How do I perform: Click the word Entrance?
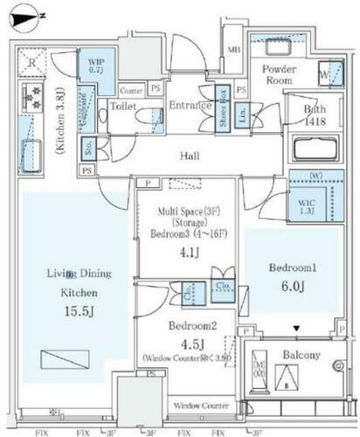coord(191,107)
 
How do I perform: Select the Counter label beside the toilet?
coord(131,91)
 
